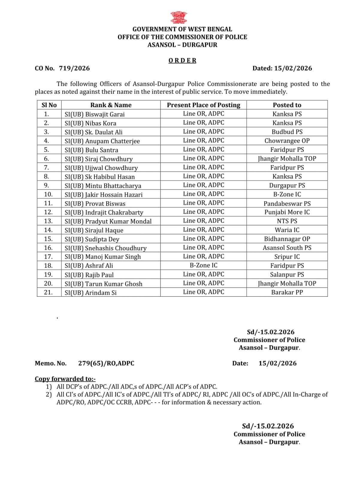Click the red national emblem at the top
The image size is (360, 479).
179,18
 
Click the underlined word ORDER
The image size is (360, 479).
182,60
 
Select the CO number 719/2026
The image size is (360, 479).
74,68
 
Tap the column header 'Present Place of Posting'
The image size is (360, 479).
203,105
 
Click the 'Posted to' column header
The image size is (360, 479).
287,105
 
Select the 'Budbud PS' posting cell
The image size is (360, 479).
287,132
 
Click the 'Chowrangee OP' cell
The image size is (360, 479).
287,141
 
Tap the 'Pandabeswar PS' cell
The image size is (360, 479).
287,204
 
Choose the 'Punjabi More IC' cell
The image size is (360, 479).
287,212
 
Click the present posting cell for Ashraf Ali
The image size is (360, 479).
203,265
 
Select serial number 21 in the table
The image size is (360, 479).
48,292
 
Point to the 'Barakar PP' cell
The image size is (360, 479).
287,292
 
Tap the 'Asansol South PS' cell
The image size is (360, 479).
287,248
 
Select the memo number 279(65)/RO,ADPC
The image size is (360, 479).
106,363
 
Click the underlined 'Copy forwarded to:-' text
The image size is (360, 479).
65,379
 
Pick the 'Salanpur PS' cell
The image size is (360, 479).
287,275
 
